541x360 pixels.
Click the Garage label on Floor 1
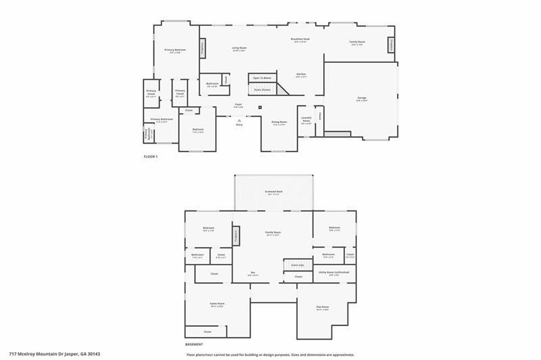[362, 99]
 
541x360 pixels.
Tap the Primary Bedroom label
[175, 50]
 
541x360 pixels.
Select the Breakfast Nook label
[300, 41]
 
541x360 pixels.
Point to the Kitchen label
[301, 74]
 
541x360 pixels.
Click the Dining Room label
[279, 123]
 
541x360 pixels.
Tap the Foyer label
[239, 105]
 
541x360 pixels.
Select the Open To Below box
[262, 78]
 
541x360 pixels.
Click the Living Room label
[239, 48]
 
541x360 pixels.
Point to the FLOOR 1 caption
[150, 157]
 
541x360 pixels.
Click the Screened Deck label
[274, 192]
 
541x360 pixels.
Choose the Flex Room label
[323, 307]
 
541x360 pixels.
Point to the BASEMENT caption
[193, 344]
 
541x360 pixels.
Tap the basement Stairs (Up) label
[297, 265]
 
